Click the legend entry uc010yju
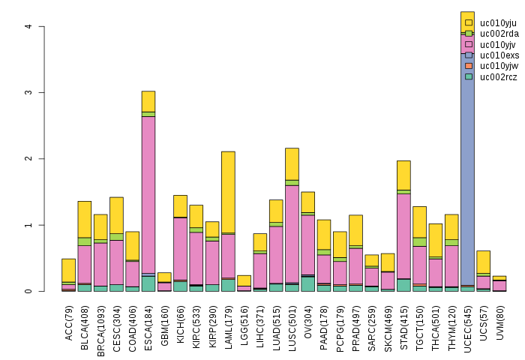point(499,22)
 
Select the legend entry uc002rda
point(499,33)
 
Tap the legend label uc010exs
point(499,55)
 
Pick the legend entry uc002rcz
point(499,76)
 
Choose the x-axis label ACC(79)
point(69,319)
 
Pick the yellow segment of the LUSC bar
point(292,163)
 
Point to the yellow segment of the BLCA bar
point(85,219)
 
